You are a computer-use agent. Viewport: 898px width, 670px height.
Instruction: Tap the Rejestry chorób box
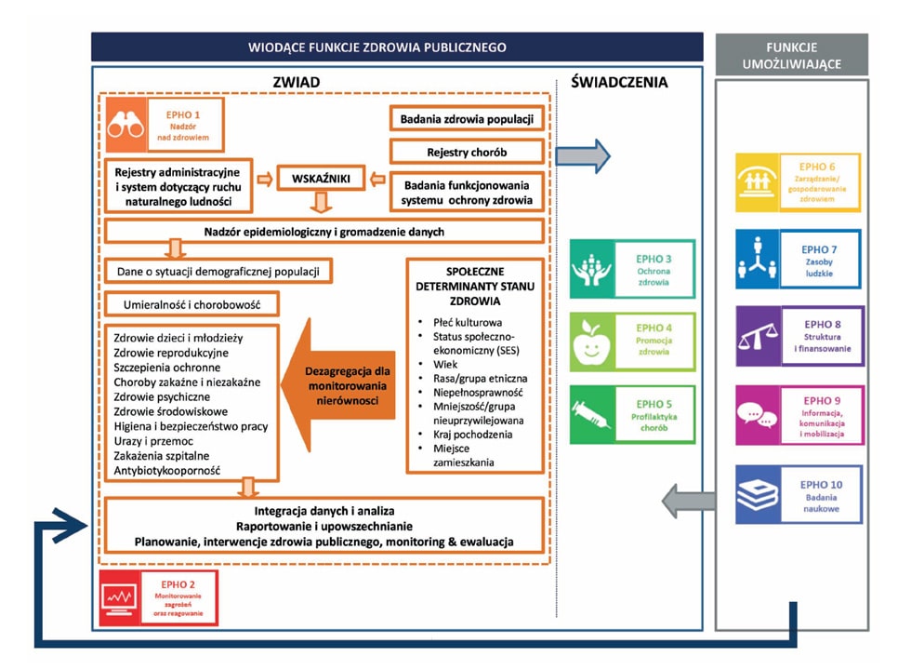(x=467, y=152)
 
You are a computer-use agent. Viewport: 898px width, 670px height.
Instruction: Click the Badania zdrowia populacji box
(x=467, y=119)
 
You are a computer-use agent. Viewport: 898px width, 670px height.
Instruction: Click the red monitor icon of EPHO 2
(x=121, y=597)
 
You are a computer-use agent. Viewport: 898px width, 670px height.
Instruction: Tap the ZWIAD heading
(x=297, y=82)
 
